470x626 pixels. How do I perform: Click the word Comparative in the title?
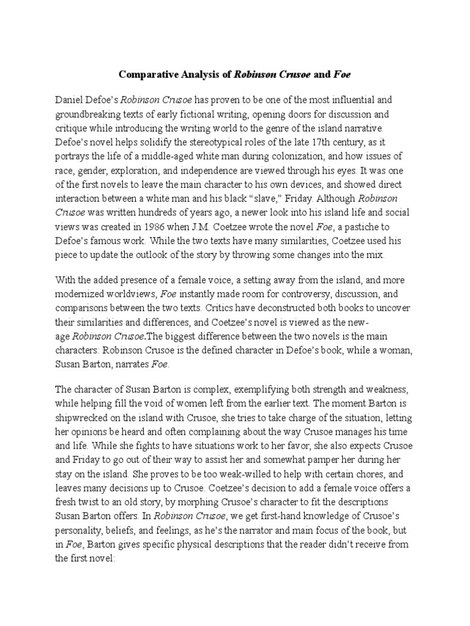(146, 76)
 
